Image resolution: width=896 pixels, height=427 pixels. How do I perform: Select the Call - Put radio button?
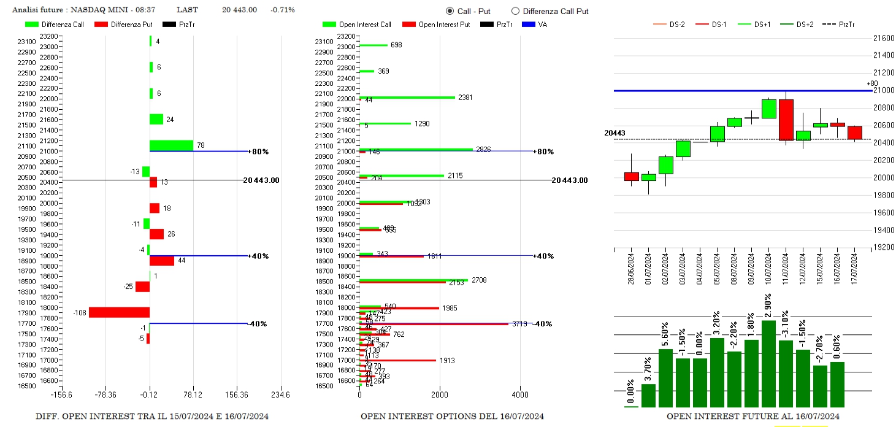(x=450, y=11)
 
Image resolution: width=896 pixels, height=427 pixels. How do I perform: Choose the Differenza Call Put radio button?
(x=515, y=11)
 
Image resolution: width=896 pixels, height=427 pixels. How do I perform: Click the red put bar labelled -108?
(x=119, y=312)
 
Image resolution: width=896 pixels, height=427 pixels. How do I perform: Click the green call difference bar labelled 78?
(x=171, y=145)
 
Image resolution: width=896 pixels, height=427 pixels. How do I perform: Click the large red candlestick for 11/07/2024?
(x=786, y=120)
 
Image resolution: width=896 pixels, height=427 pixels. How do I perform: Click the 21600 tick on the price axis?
(x=883, y=38)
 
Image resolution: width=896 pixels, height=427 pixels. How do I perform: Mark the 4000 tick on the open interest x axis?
(x=520, y=394)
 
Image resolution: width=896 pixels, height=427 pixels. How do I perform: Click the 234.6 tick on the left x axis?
(x=280, y=394)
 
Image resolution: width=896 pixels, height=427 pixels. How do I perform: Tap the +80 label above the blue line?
(x=872, y=83)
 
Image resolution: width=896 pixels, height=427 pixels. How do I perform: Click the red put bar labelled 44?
(x=162, y=261)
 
